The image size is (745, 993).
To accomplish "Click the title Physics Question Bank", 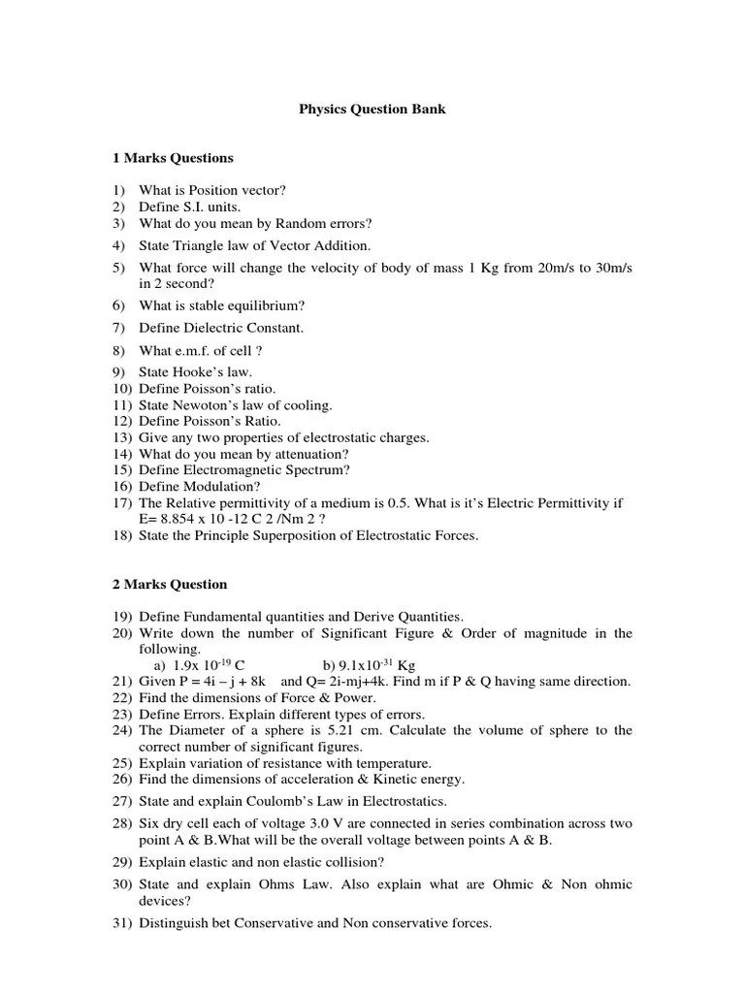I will coord(372,110).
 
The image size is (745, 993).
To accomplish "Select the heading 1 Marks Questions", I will coord(173,158).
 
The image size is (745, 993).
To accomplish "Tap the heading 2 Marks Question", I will coord(169,585).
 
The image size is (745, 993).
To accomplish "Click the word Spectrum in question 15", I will coord(309,470).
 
